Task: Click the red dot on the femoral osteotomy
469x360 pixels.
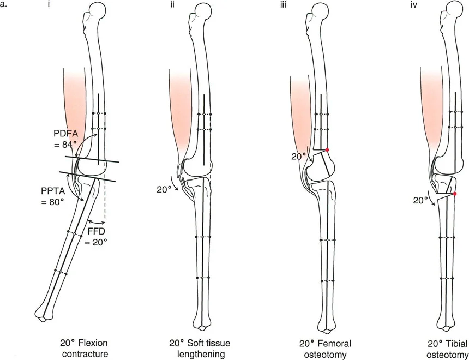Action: coord(327,149)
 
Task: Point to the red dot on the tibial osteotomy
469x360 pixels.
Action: coord(454,194)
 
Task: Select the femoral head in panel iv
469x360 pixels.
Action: coord(454,10)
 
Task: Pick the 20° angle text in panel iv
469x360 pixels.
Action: coord(419,200)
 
